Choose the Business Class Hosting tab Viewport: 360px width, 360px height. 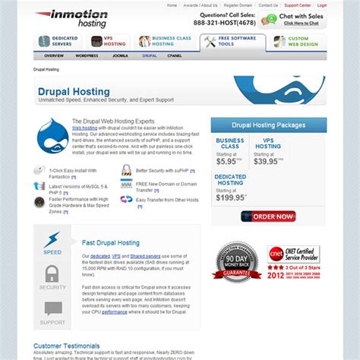[x=166, y=42]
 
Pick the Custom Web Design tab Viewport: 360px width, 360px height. [x=298, y=42]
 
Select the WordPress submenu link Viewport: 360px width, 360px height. [x=87, y=55]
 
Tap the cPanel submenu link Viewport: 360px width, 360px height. [x=175, y=55]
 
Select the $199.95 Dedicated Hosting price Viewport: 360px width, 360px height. [x=230, y=197]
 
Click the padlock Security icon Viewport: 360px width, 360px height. [x=52, y=275]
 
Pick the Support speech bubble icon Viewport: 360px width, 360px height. [x=52, y=309]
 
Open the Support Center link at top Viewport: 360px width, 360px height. [x=298, y=5]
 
